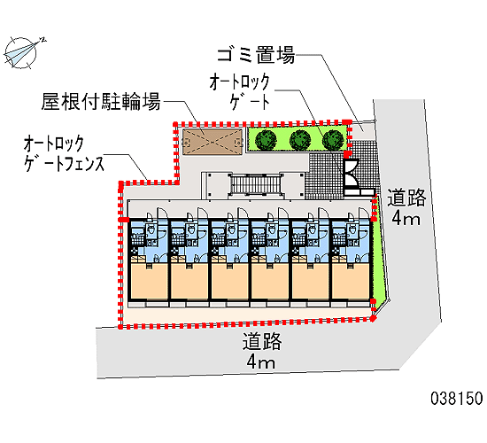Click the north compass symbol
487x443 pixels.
[21, 52]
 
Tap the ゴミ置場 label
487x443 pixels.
[256, 55]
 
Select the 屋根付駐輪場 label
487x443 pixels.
[101, 101]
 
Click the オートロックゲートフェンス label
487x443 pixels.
[64, 153]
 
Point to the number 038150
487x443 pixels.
[457, 398]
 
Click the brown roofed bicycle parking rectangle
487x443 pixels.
[213, 142]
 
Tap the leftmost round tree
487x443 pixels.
[266, 140]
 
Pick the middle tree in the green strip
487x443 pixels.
[300, 140]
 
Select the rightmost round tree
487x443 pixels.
[333, 140]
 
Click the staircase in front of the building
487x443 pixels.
[255, 184]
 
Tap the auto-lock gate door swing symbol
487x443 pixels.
[351, 173]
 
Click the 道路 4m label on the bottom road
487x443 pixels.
[261, 351]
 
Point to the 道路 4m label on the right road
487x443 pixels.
[406, 207]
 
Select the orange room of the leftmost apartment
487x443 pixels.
[149, 282]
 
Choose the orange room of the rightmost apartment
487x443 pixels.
[351, 282]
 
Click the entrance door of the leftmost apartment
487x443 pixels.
[162, 213]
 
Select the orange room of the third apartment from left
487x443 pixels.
[230, 282]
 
